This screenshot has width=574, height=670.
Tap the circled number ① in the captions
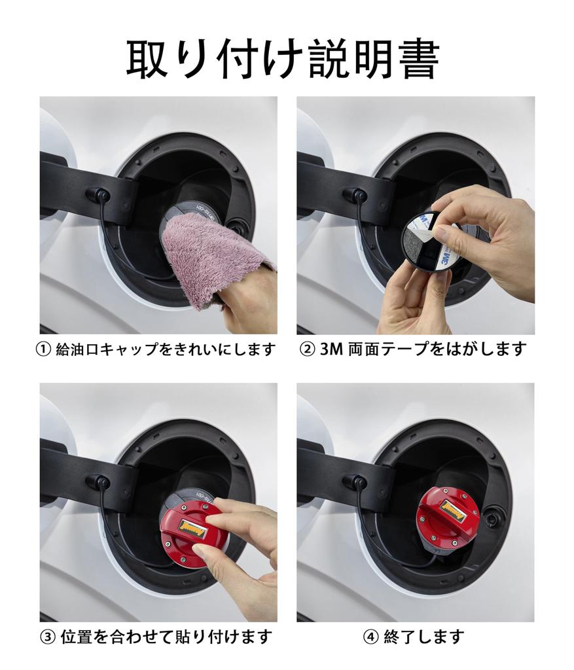pyautogui.click(x=44, y=350)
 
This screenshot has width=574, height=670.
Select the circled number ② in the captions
pyautogui.click(x=307, y=350)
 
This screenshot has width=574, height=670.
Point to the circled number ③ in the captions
pyautogui.click(x=47, y=637)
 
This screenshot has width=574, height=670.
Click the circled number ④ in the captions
pyautogui.click(x=370, y=637)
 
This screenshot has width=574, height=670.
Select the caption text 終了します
pyautogui.click(x=423, y=637)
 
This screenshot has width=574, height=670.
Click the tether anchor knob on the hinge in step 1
pyautogui.click(x=98, y=195)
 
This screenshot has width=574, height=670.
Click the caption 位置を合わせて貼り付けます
pyautogui.click(x=166, y=637)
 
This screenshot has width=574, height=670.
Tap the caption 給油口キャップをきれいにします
pyautogui.click(x=166, y=350)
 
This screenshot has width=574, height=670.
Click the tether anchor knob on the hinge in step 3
pyautogui.click(x=98, y=482)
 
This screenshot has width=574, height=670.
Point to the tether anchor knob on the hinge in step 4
pyautogui.click(x=355, y=482)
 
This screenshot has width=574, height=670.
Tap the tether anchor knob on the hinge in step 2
pyautogui.click(x=355, y=195)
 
